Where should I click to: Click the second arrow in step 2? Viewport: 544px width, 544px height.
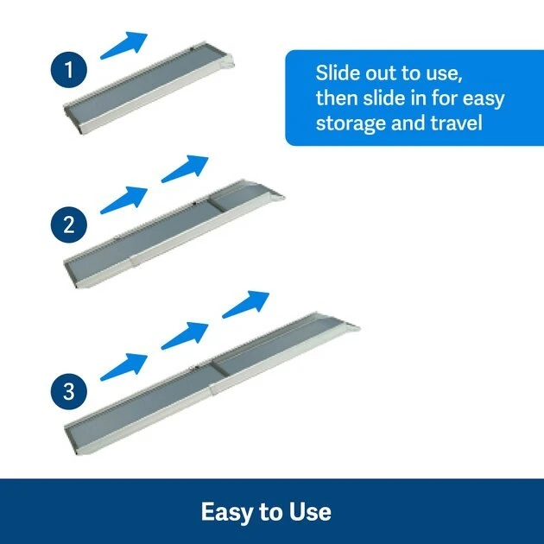coord(185,168)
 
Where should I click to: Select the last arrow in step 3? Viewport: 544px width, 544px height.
coord(246,304)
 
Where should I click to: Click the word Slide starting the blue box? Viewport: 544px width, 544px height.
coord(339,71)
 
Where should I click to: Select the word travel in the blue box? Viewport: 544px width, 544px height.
coord(454,122)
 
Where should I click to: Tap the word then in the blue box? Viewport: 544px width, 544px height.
coord(340,97)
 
